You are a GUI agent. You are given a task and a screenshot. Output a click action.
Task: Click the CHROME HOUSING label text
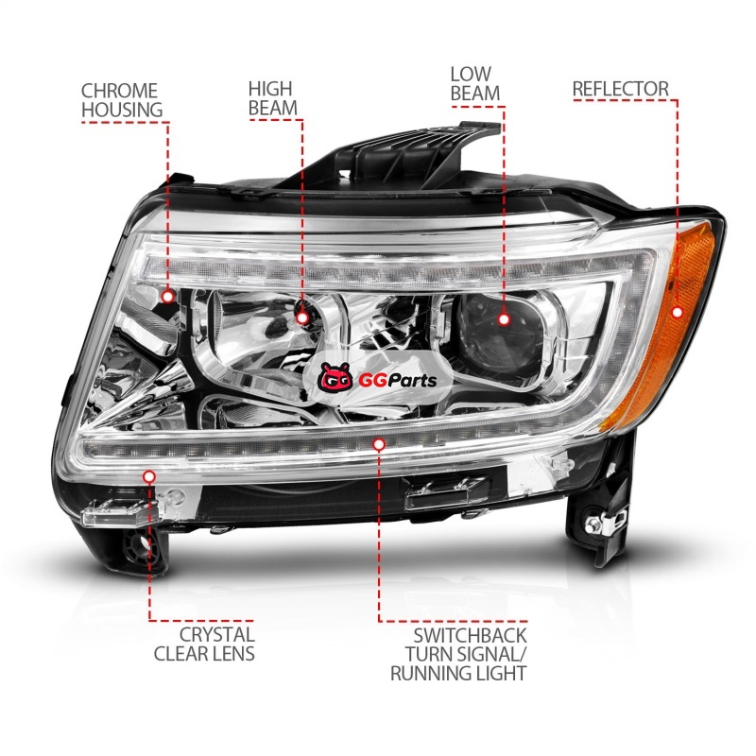click(122, 100)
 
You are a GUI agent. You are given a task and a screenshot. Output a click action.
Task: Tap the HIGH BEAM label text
click(273, 98)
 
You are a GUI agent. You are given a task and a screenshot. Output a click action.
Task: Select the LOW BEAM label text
click(475, 84)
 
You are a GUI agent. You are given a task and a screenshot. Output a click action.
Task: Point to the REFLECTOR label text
click(621, 89)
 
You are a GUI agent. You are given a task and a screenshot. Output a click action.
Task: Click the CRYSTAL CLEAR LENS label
click(204, 644)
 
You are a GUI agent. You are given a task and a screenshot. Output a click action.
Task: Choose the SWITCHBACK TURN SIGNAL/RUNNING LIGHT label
click(458, 654)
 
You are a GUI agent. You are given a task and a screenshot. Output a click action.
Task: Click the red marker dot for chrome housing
click(167, 297)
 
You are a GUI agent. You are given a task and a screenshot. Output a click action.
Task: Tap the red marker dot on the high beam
click(302, 318)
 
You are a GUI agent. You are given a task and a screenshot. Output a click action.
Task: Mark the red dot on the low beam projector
click(505, 319)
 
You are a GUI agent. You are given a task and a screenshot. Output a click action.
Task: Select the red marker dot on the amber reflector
click(678, 313)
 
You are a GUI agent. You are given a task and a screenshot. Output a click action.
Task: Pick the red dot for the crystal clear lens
click(149, 477)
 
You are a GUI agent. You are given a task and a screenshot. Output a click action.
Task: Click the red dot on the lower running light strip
click(380, 444)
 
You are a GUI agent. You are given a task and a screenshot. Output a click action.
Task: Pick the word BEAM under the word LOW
click(475, 94)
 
